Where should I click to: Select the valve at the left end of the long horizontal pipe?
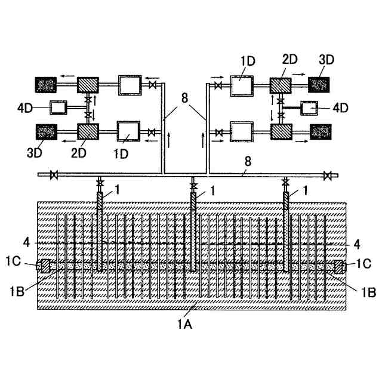(x=54, y=175)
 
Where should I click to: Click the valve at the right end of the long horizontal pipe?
(x=327, y=175)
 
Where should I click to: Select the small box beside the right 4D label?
(x=310, y=108)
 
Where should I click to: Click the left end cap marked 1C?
(x=43, y=266)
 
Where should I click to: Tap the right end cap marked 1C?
(x=339, y=266)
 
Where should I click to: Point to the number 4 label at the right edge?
(x=357, y=243)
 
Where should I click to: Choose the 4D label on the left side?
(x=25, y=108)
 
